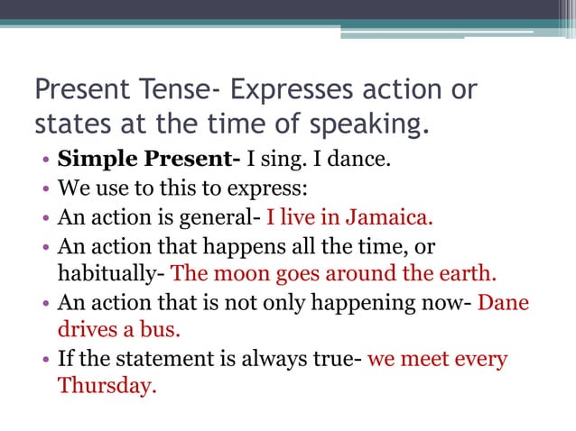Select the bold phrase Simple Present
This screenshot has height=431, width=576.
[148, 161]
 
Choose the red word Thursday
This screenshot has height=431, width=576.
[107, 386]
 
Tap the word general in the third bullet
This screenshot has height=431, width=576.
[222, 217]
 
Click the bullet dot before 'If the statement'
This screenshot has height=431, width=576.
[45, 360]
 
